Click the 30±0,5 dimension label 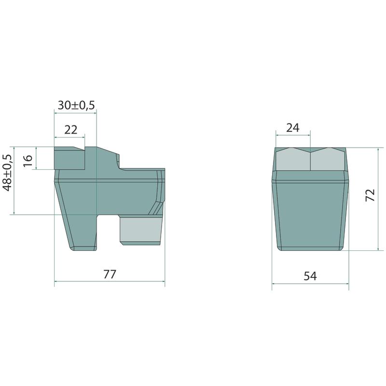pos(76,105)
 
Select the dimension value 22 pos(70,130)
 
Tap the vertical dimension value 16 pos(28,160)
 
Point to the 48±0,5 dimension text pos(8,172)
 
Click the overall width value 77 pos(110,274)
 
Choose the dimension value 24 pos(293,128)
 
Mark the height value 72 pos(370,195)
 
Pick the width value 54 pos(310,276)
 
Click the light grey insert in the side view pos(140,230)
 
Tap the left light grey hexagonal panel pos(293,159)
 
